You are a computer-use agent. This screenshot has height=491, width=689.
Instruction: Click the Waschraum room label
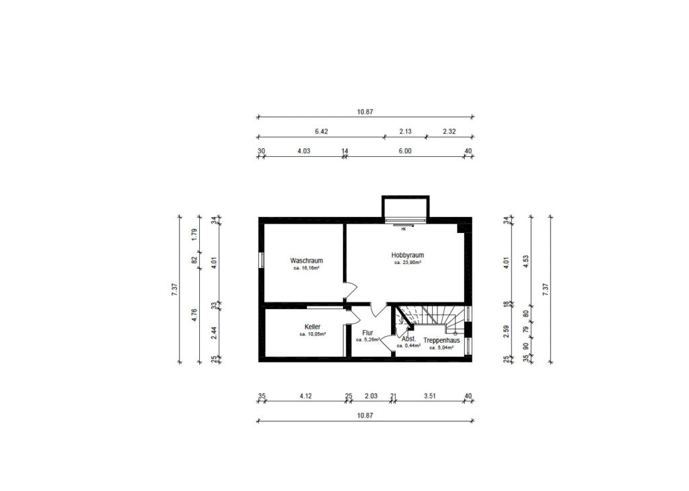(306, 261)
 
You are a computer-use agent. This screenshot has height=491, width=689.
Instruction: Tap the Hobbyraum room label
(408, 255)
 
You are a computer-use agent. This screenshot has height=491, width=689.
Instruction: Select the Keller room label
(312, 327)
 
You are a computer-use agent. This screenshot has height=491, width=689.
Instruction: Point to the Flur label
(368, 333)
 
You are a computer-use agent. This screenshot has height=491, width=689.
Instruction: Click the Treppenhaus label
(441, 341)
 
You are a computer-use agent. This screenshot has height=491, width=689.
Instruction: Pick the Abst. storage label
(408, 339)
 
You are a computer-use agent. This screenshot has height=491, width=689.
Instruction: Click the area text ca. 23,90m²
(408, 263)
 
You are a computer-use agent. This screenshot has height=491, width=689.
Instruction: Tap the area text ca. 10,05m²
(312, 334)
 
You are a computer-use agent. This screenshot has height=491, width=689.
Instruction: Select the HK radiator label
(404, 229)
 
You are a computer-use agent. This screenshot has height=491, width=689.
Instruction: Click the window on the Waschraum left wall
(262, 260)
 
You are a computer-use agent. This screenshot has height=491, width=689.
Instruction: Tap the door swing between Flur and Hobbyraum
(378, 309)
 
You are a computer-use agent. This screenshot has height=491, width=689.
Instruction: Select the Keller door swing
(354, 316)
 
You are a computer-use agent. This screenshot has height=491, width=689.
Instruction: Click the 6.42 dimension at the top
(321, 131)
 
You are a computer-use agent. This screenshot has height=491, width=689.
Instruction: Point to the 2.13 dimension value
(405, 131)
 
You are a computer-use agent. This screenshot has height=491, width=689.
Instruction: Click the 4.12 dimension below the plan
(306, 396)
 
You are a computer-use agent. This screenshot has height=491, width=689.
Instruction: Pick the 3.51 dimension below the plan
(430, 396)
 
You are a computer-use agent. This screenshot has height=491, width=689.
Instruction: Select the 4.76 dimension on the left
(194, 315)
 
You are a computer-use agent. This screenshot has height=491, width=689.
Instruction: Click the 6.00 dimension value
(405, 151)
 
